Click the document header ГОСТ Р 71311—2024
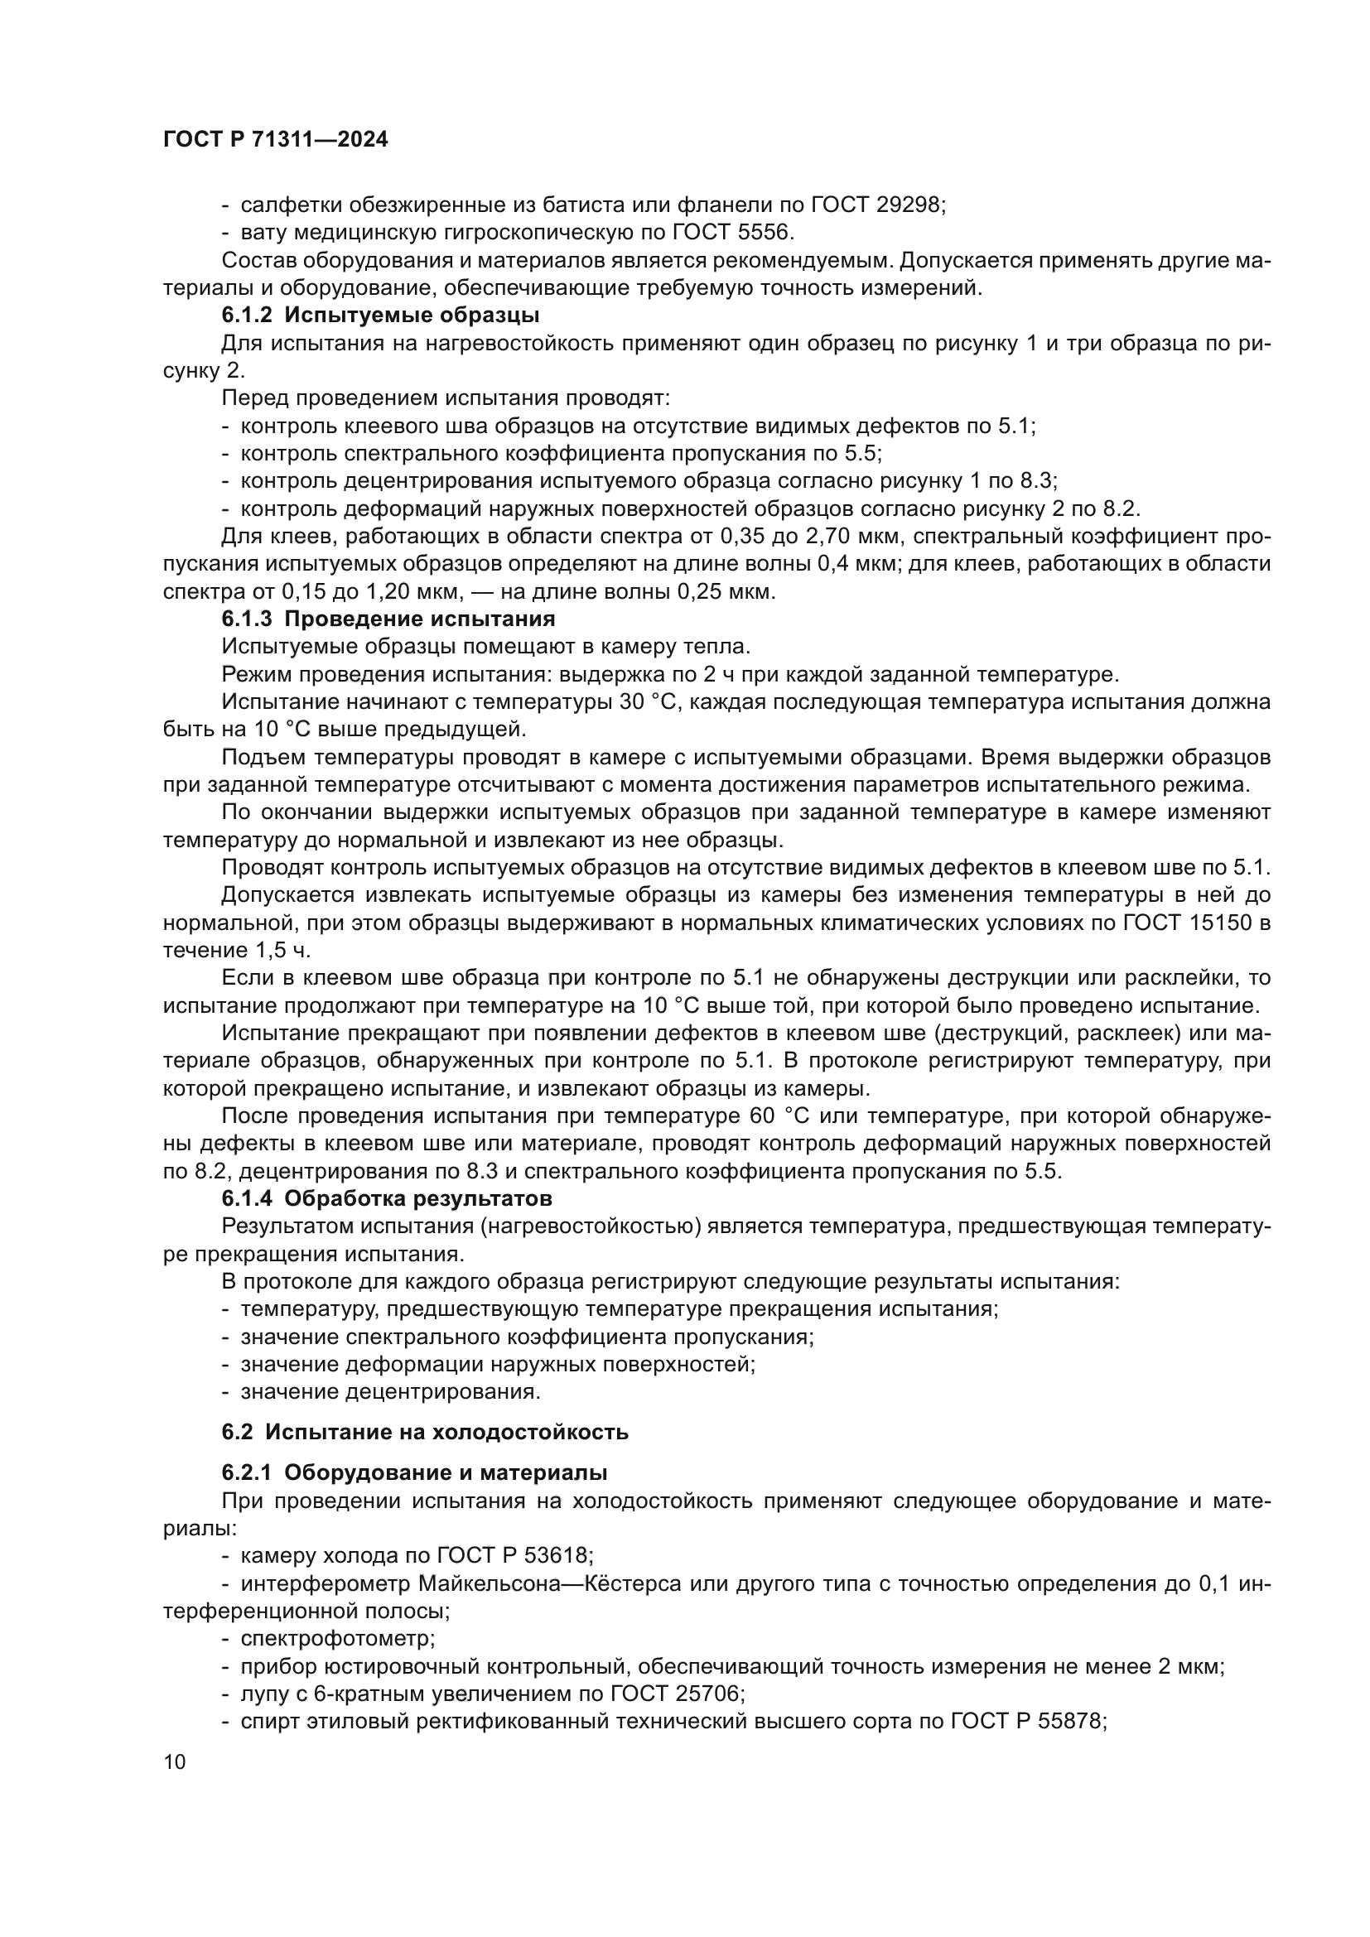[275, 140]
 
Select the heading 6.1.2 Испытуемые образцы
[380, 316]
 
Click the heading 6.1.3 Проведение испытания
[388, 619]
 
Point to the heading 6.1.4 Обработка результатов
[387, 1198]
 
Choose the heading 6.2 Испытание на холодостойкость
[424, 1432]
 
